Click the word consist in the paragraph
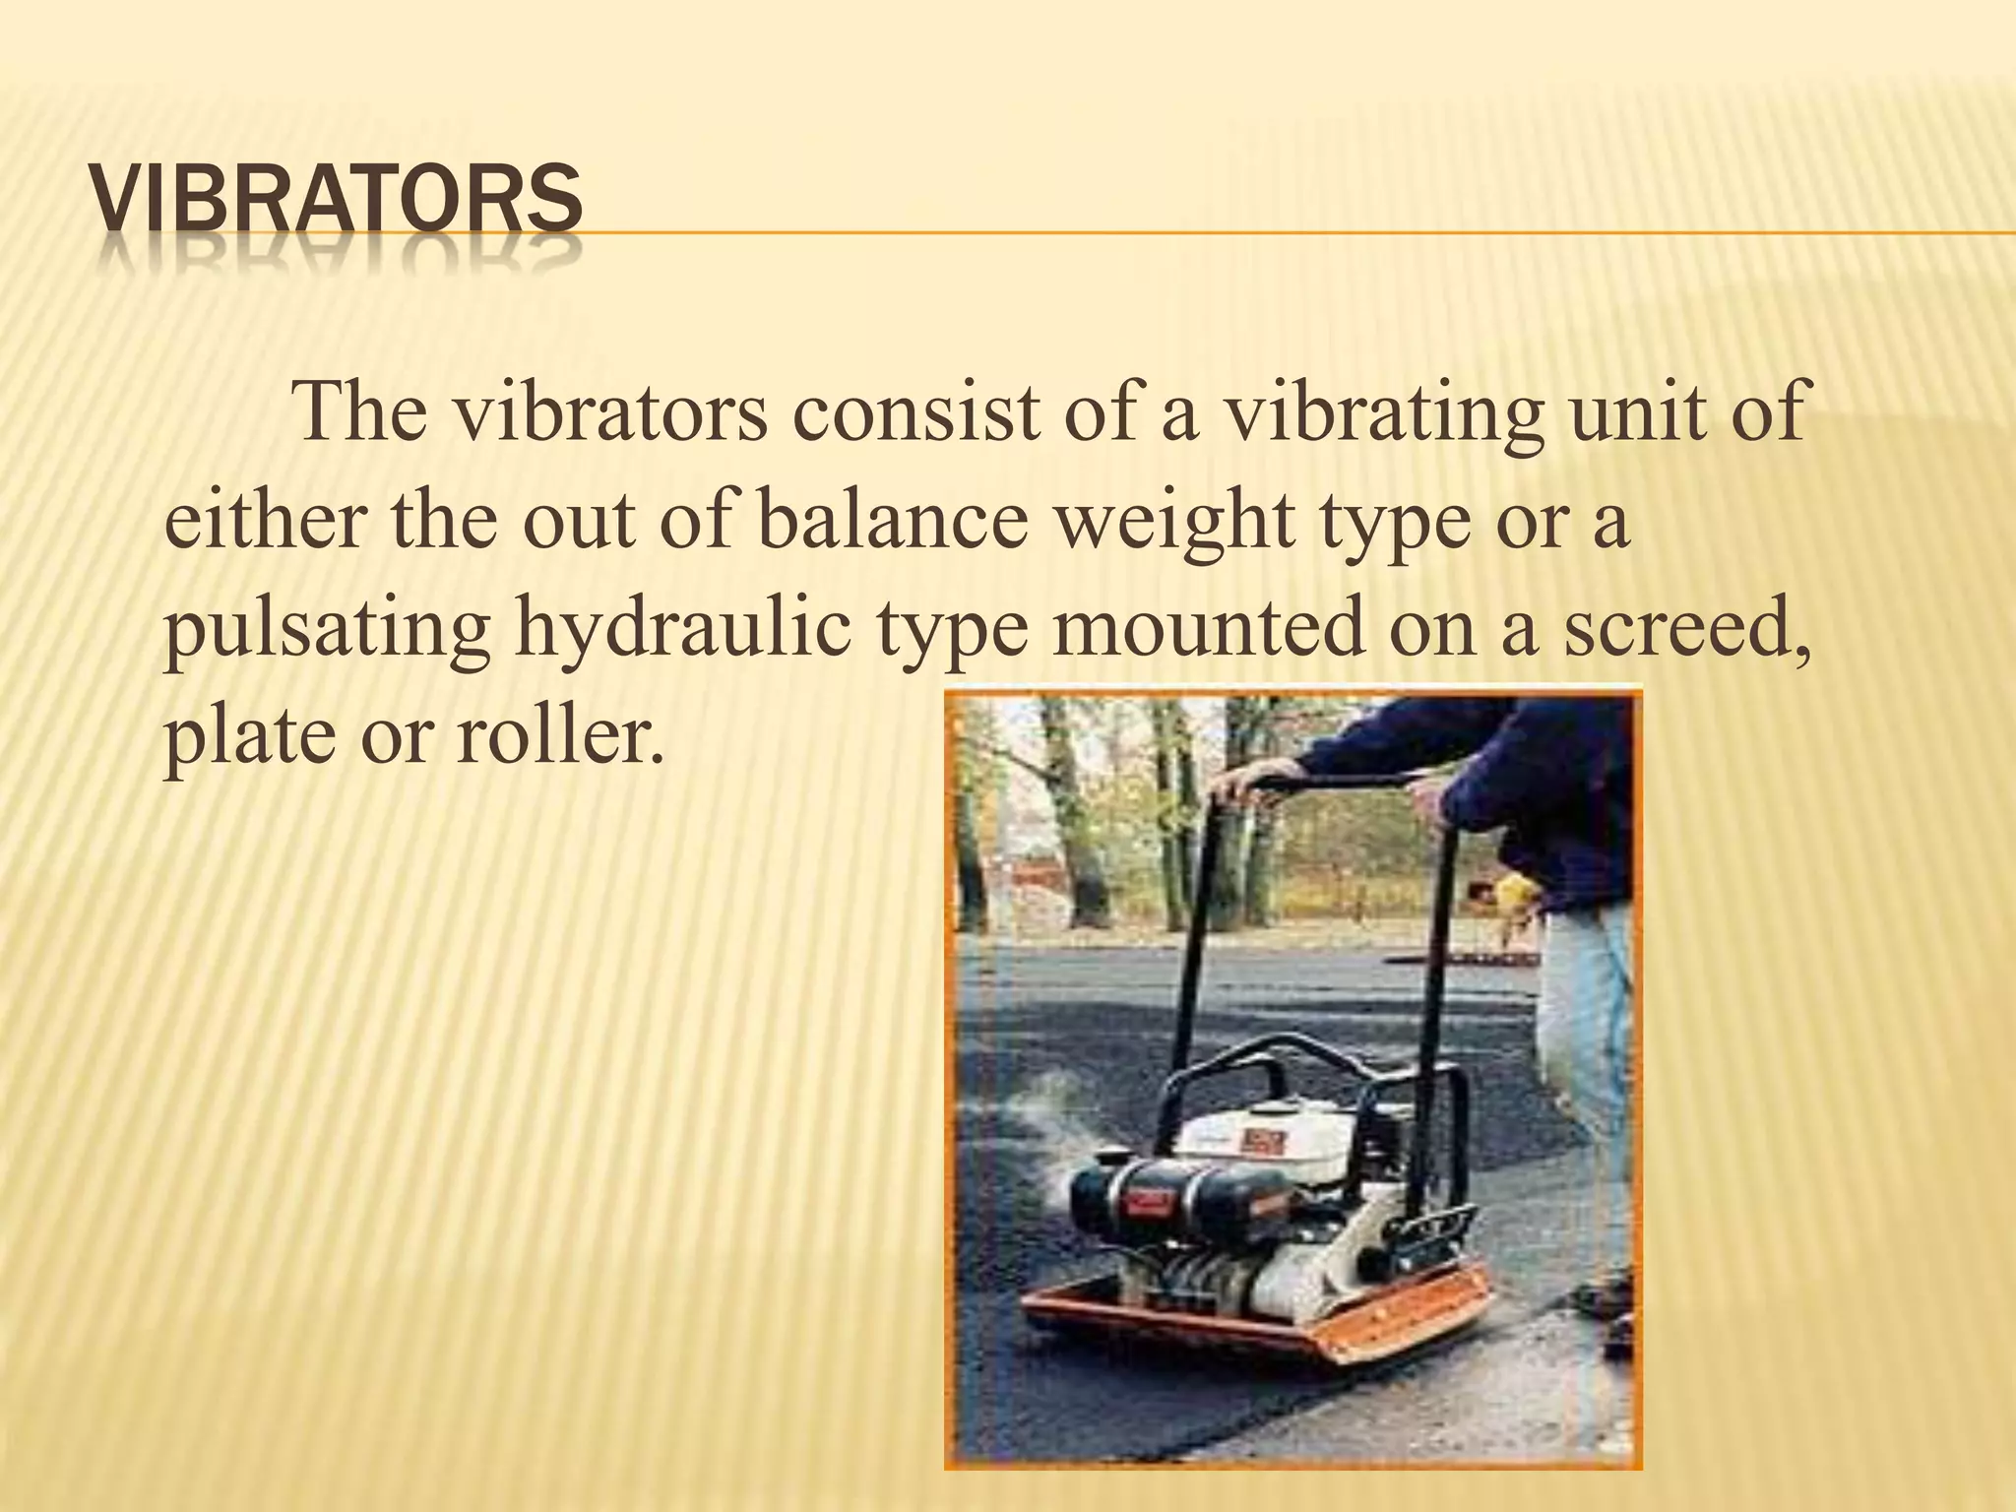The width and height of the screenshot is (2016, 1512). point(915,411)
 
